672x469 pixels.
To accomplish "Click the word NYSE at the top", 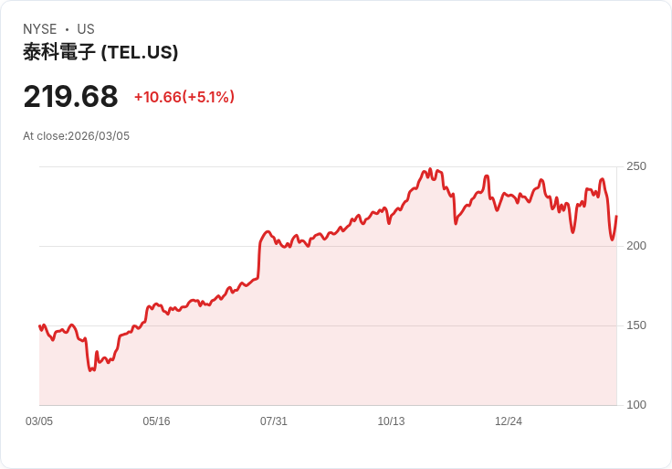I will (x=40, y=29).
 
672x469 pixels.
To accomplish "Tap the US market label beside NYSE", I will (x=86, y=29).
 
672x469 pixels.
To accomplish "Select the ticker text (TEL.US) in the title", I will (x=139, y=52).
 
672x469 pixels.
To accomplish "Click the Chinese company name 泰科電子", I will (x=59, y=52).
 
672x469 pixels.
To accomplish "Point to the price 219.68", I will (x=70, y=97).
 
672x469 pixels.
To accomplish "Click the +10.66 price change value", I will (x=157, y=97).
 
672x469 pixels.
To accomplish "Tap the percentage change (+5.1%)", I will (x=209, y=97).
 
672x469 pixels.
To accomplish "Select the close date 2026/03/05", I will (x=99, y=136).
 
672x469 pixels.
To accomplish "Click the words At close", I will (x=44, y=136).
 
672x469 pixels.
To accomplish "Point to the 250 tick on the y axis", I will (x=636, y=166).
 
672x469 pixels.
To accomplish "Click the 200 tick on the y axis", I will (x=636, y=246).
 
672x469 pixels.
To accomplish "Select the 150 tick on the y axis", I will (x=636, y=325).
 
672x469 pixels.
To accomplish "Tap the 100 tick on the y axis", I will (x=636, y=405).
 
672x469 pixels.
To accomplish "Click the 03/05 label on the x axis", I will (x=39, y=421).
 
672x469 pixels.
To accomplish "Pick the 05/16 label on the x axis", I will (x=156, y=421).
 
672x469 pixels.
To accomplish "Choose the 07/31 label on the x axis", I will (x=274, y=421).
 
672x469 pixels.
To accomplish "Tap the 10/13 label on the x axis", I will (x=391, y=421).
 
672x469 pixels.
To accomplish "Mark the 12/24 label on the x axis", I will (x=509, y=421).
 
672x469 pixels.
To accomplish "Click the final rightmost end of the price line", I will (x=616, y=217).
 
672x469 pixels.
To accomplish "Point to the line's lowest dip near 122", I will (x=90, y=370).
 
